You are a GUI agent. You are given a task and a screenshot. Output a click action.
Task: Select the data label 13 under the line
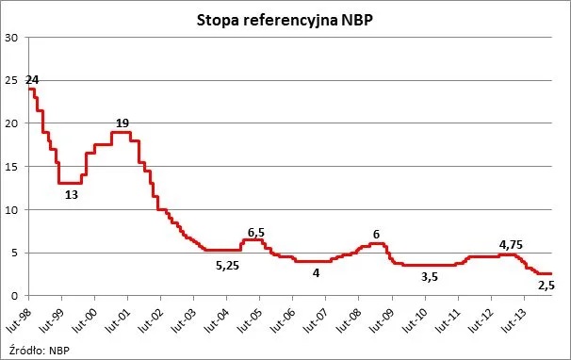click(x=72, y=195)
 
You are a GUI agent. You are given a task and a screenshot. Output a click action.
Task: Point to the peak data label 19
click(x=122, y=123)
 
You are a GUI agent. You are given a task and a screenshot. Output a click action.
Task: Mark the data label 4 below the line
click(x=317, y=273)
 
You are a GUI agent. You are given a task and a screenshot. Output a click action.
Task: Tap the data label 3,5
click(x=429, y=277)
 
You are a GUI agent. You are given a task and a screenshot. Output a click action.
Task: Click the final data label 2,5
click(x=547, y=285)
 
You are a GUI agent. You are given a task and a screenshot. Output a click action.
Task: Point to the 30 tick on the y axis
click(x=11, y=38)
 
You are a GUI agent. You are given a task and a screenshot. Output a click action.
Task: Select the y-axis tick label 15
click(x=11, y=167)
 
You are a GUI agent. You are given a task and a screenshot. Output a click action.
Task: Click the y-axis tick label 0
click(x=14, y=296)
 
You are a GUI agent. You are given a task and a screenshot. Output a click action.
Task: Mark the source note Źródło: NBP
click(x=43, y=350)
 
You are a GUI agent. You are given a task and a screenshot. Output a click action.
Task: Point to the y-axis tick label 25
click(x=11, y=81)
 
